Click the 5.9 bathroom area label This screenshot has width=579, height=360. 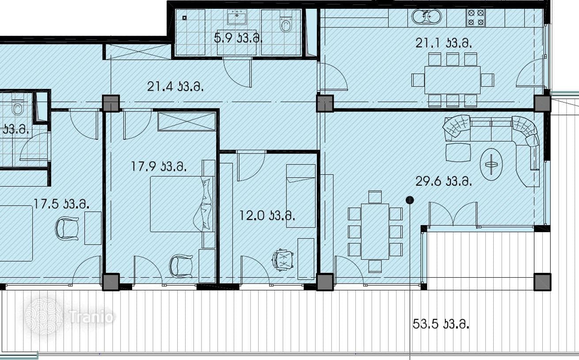pos(238,38)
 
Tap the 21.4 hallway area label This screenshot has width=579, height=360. pos(175,86)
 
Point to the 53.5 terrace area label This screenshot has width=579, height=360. pos(441,324)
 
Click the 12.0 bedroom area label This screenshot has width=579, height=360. pos(267,215)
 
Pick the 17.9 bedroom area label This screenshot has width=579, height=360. pos(159,166)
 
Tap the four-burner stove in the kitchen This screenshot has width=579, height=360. pos(476,18)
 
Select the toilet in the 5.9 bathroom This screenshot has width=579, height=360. pos(286,24)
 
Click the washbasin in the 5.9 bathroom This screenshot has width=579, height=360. pos(237,17)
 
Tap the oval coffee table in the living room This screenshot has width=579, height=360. pos(491,165)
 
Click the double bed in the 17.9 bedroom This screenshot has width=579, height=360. pos(182,204)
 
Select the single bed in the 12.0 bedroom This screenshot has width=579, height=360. pos(301,196)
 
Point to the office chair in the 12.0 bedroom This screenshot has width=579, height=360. pos(282,260)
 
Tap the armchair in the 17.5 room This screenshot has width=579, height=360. pos(67,228)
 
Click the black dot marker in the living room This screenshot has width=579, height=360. pos(410,199)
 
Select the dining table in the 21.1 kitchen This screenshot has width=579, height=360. pos(452,80)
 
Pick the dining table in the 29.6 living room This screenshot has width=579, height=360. pos(375,231)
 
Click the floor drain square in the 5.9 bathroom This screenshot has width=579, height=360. pos(184,18)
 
